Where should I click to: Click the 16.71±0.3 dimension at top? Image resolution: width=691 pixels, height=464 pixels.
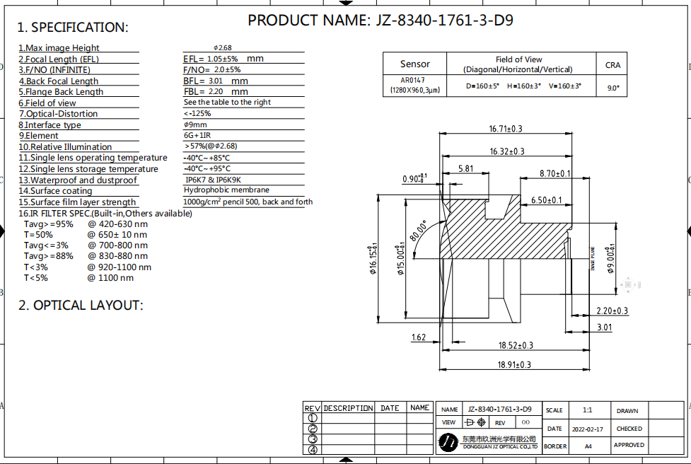pos(505,129)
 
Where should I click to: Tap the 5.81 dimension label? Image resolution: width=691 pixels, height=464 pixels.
pos(465,168)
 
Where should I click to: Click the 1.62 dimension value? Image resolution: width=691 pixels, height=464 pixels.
pos(419,337)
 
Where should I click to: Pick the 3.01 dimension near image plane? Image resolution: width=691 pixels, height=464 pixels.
pos(604,327)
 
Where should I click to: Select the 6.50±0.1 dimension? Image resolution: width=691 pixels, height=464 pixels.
pos(546,200)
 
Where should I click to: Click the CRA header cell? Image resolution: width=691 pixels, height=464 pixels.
pos(612,64)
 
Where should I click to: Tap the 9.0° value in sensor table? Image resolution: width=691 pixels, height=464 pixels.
pos(612,88)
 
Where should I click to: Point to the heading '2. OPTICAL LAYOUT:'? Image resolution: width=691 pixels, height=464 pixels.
pos(80,306)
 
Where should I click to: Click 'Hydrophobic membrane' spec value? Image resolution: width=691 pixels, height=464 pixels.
pos(226,190)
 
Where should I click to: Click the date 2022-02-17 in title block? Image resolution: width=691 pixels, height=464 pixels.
pos(587,429)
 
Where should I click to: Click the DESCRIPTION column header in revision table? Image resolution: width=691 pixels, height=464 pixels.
pos(348,408)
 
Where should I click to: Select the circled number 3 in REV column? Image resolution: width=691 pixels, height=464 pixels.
pos(313,439)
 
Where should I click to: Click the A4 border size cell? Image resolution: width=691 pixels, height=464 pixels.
pos(588,446)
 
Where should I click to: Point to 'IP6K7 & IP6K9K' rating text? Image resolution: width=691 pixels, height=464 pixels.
pos(212,180)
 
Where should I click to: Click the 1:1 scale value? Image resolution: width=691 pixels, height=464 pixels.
pos(588,410)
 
